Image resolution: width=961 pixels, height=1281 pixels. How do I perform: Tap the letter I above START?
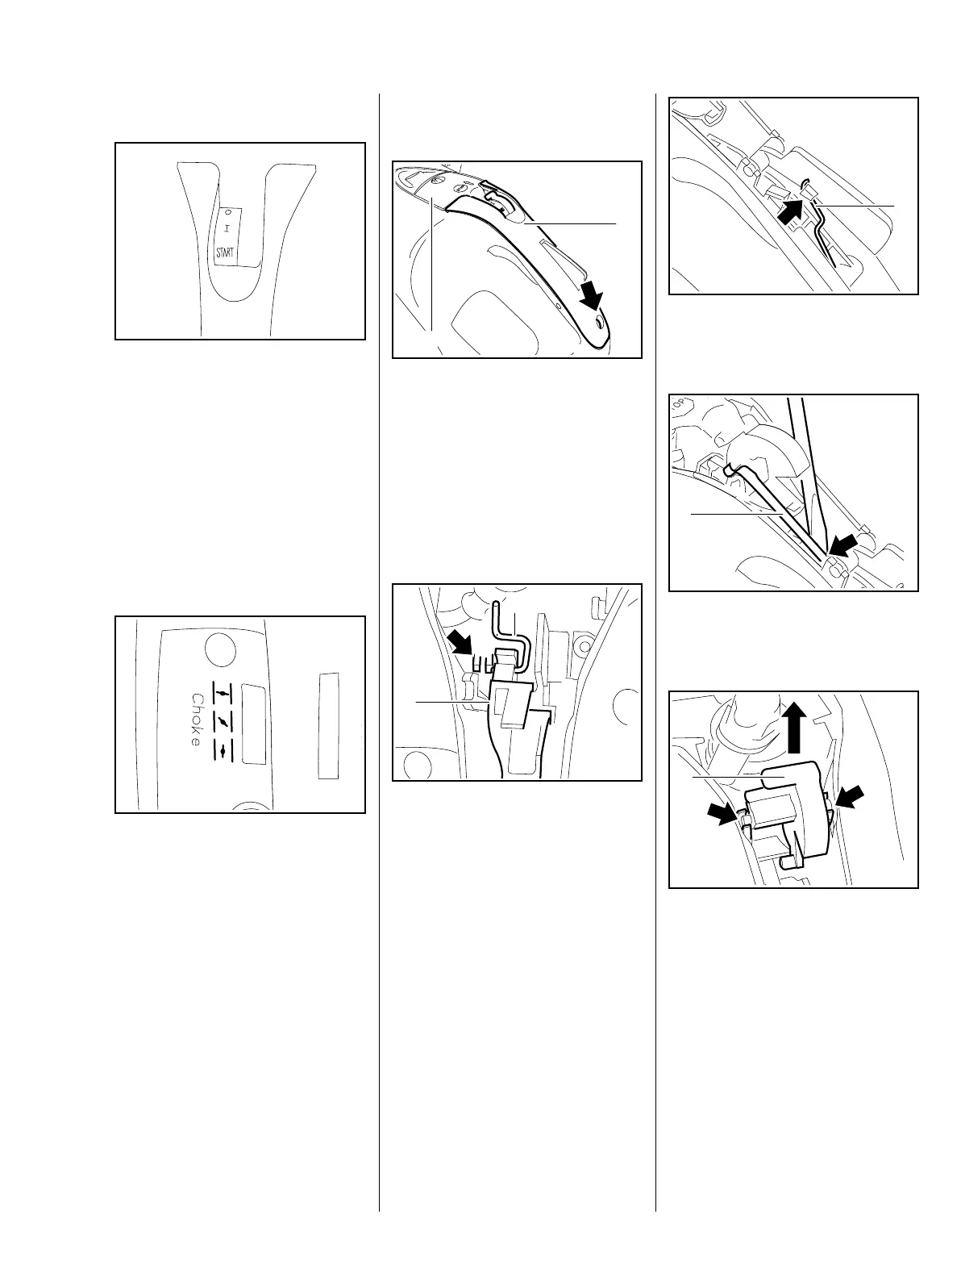point(227,229)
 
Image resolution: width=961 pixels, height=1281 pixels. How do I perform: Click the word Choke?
point(196,720)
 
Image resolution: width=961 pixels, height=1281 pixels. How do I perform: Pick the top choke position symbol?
point(221,693)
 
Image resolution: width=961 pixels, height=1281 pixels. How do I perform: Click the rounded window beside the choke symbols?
point(254,724)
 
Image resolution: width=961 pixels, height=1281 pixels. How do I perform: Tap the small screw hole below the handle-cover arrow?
point(599,322)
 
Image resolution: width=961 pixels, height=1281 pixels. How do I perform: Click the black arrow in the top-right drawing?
point(793,214)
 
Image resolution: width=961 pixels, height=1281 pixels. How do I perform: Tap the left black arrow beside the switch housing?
point(721,815)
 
